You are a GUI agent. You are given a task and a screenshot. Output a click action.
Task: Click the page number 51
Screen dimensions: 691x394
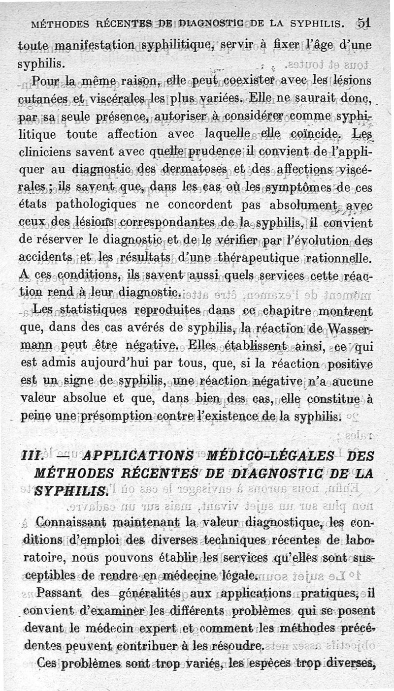click(x=364, y=23)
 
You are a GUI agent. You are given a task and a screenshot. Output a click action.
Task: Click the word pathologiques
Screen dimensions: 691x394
click(x=100, y=204)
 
